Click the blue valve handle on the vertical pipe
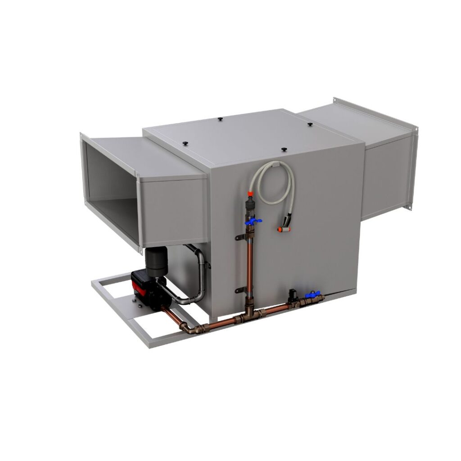pyautogui.click(x=253, y=221)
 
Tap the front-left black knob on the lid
pyautogui.click(x=185, y=143)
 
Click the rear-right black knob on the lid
pyautogui.click(x=311, y=123)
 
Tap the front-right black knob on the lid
pyautogui.click(x=284, y=148)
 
